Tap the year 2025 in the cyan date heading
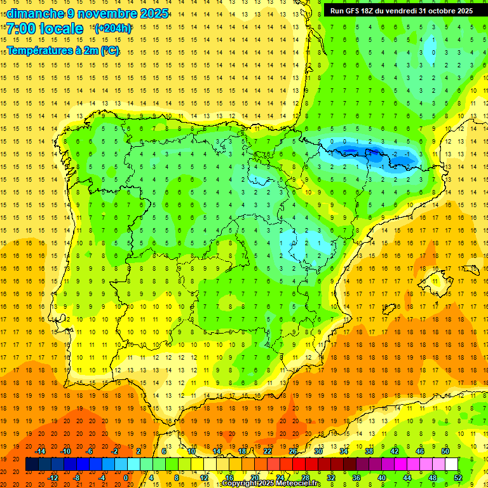pyautogui.click(x=152, y=13)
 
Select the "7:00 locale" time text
pyautogui.click(x=45, y=29)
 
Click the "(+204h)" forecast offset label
pyautogui.click(x=113, y=29)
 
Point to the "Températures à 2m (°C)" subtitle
pyautogui.click(x=63, y=51)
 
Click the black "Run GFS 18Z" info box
pyautogui.click(x=401, y=10)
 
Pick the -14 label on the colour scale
pyautogui.click(x=40, y=451)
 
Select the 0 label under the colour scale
pyautogui.click(x=126, y=478)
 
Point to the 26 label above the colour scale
pyautogui.click(x=293, y=451)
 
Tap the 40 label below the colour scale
pyautogui.click(x=382, y=478)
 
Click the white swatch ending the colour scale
pyautogui.click(x=451, y=464)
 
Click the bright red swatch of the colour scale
pyautogui.click(x=299, y=464)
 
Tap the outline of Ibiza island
pyautogui.click(x=388, y=309)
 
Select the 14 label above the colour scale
pyautogui.click(x=217, y=451)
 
